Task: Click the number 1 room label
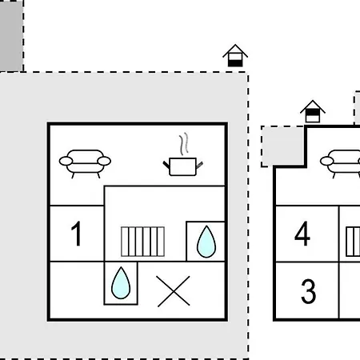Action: coord(76,234)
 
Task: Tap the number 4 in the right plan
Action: coord(302,234)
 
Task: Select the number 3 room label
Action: coord(309,291)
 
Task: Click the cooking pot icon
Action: coord(183,166)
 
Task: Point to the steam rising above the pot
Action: coord(184,144)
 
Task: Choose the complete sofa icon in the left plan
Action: coord(85,163)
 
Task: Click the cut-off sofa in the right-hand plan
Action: coord(340,163)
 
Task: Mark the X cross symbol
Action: coord(174,291)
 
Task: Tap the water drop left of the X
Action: coord(121,282)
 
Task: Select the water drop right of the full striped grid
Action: coord(206,242)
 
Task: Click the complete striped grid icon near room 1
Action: coord(142,242)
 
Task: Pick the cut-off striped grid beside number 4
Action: coord(353,242)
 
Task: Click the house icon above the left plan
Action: coord(235,55)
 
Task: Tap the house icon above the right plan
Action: coord(313,111)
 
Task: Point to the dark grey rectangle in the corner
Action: coord(11,36)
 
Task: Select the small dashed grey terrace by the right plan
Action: coord(282,146)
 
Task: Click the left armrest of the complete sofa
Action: coord(66,161)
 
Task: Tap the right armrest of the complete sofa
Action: coord(104,161)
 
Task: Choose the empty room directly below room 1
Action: coord(77,290)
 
